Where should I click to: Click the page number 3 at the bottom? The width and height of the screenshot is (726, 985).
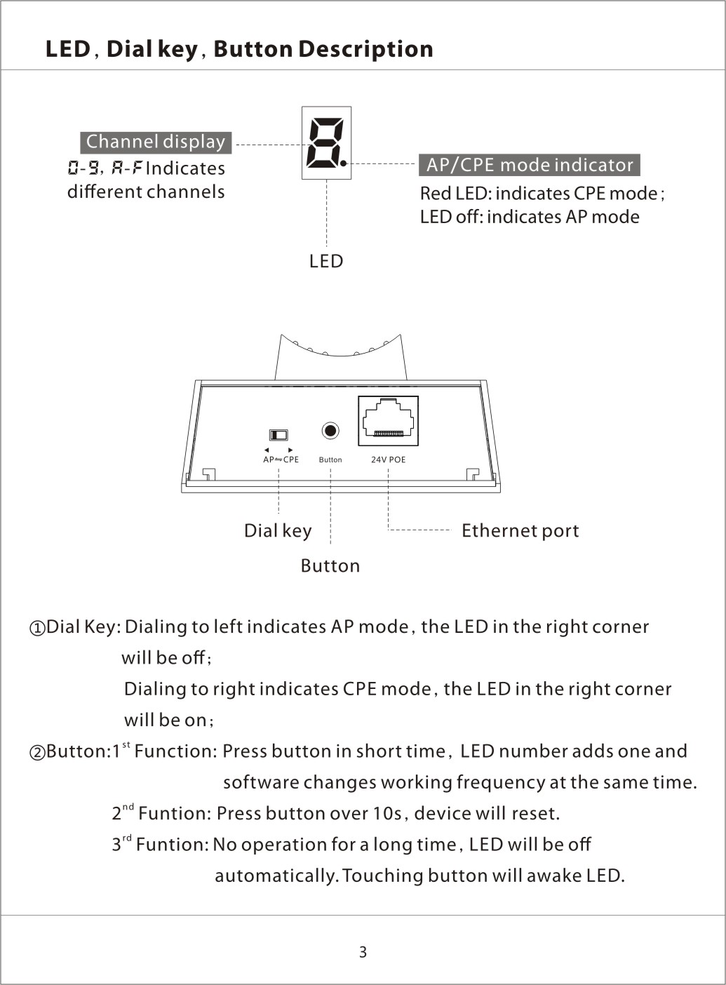click(363, 952)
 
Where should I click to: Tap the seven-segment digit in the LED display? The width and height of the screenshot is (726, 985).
click(325, 142)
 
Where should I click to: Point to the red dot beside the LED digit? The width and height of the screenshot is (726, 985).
click(344, 163)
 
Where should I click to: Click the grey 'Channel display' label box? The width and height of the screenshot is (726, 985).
click(156, 142)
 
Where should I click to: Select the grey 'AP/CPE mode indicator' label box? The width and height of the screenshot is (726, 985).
click(529, 165)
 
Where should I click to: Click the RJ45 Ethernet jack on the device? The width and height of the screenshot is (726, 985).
click(388, 420)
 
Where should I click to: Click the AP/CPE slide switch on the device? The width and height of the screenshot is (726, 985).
click(278, 435)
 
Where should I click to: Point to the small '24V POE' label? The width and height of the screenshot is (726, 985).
click(388, 460)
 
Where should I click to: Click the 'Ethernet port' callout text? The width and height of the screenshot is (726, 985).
click(520, 531)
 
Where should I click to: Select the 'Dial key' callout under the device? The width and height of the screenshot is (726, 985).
click(278, 531)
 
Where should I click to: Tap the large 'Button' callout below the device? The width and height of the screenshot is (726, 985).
click(330, 565)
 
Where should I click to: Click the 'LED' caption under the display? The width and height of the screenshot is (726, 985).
click(326, 261)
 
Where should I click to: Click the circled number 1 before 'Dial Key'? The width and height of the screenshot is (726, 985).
click(37, 628)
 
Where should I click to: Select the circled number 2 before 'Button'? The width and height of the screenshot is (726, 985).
click(37, 752)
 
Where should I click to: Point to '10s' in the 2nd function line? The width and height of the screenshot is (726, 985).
click(386, 814)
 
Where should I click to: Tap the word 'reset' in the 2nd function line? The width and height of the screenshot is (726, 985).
click(536, 814)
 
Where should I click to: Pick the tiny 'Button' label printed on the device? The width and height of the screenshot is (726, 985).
click(330, 460)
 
